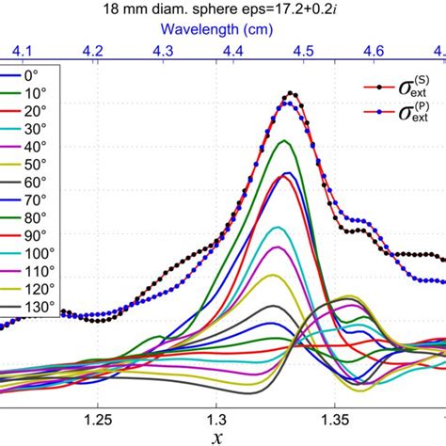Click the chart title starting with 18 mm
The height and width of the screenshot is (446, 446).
222,11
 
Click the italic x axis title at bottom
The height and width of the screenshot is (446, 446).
218,436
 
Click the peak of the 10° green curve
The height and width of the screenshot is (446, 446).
284,140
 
